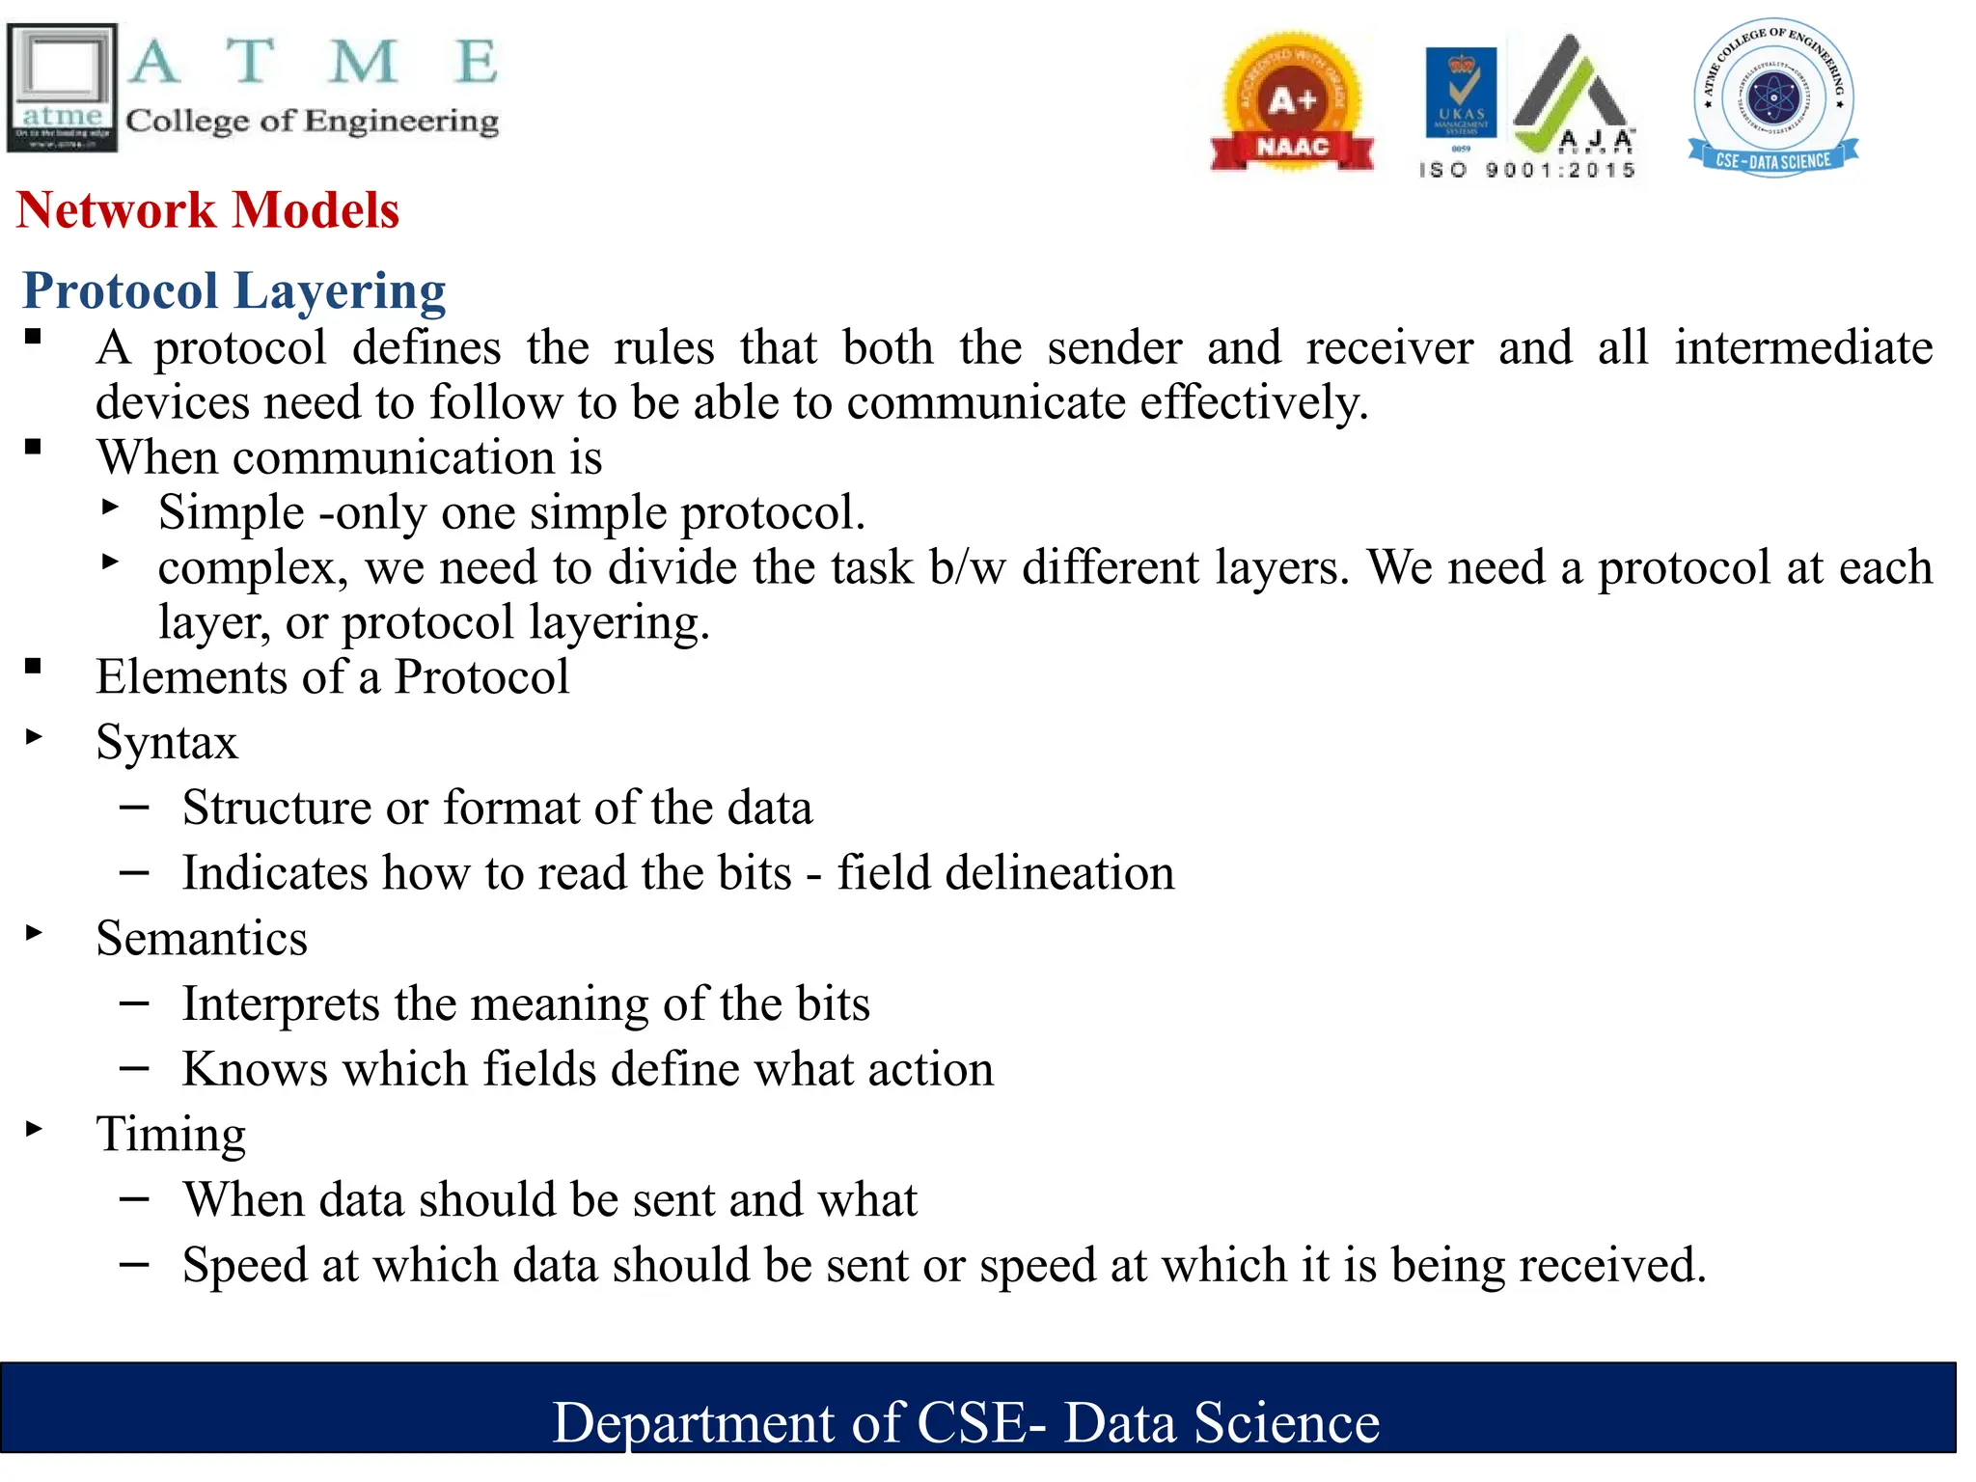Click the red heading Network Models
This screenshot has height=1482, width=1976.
click(207, 209)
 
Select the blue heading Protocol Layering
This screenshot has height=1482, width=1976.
click(234, 290)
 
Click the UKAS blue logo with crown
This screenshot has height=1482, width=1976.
click(1461, 94)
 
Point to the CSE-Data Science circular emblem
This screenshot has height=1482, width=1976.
click(1773, 97)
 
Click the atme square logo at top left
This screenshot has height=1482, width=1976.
click(62, 88)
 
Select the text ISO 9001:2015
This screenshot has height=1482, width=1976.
click(1527, 171)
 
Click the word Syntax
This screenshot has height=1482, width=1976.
click(167, 743)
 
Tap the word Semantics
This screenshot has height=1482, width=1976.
click(202, 939)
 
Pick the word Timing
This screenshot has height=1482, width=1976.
click(171, 1135)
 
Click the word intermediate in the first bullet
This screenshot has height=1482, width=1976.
click(1803, 347)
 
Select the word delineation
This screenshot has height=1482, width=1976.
click(1059, 873)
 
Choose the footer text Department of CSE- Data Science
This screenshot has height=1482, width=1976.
click(966, 1422)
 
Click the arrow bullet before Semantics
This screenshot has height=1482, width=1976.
click(35, 932)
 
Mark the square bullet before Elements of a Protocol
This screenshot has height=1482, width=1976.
click(34, 666)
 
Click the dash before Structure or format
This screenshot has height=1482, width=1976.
click(134, 807)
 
